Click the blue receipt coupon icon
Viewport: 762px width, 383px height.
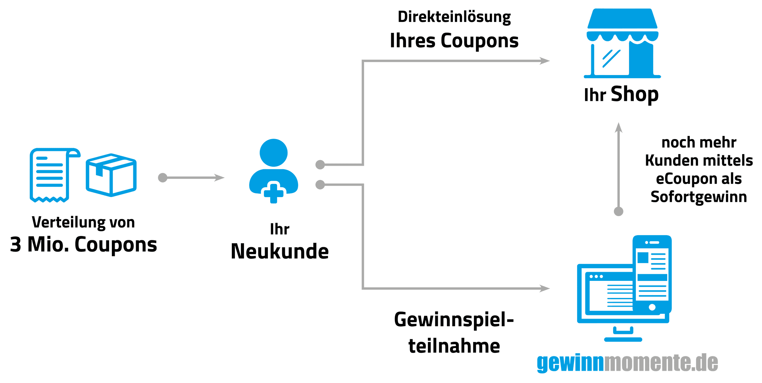click(52, 175)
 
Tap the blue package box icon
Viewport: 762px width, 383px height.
click(111, 175)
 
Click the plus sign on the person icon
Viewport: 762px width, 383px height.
click(273, 193)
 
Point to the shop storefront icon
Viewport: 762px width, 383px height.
click(622, 43)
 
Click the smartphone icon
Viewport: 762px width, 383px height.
click(652, 274)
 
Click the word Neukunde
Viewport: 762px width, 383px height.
click(280, 251)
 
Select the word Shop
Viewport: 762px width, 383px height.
click(635, 95)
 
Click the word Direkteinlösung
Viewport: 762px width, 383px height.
click(454, 17)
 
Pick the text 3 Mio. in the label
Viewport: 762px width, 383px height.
click(39, 244)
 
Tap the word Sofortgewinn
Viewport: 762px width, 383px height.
click(699, 197)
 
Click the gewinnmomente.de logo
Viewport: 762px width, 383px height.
click(627, 363)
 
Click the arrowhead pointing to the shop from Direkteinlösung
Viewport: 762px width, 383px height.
click(545, 61)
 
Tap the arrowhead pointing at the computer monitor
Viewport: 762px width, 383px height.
click(545, 288)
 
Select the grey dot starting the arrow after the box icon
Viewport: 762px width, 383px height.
click(163, 178)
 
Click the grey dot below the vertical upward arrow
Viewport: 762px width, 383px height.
click(618, 211)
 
